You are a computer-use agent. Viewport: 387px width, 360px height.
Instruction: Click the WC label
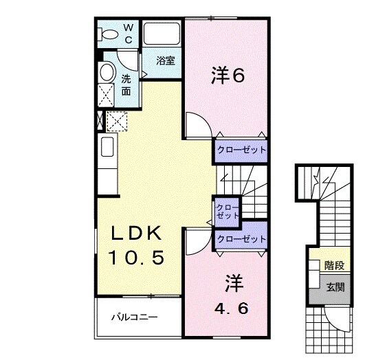click(x=129, y=32)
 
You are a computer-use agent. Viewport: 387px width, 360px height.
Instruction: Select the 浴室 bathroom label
click(x=165, y=60)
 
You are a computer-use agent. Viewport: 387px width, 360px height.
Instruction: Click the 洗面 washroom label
click(x=126, y=84)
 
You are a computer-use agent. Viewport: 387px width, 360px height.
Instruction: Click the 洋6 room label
click(x=226, y=76)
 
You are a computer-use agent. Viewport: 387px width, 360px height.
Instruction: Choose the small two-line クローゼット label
click(x=225, y=211)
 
